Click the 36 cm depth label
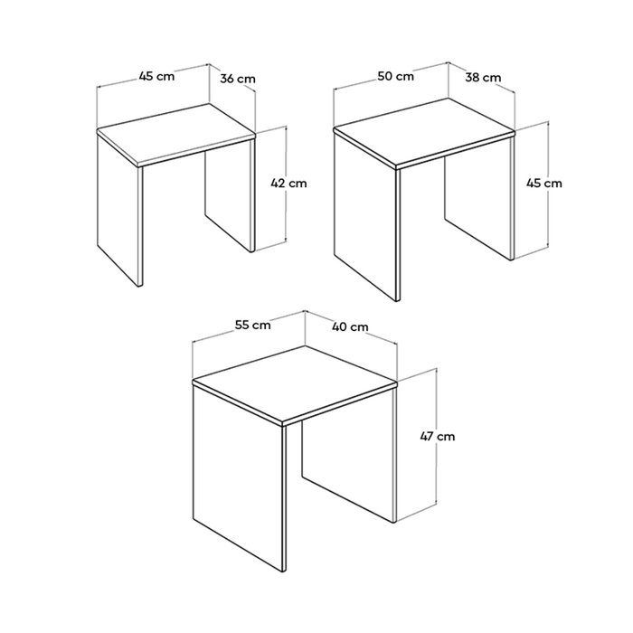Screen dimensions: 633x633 (238, 79)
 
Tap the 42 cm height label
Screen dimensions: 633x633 (288, 184)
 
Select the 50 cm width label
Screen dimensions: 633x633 (396, 76)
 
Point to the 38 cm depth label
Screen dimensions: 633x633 (483, 77)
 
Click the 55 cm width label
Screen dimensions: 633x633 (252, 325)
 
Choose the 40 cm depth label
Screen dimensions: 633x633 (350, 326)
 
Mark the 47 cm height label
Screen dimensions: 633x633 (437, 437)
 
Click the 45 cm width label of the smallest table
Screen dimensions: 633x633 (156, 76)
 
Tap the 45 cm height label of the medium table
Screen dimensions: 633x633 (543, 184)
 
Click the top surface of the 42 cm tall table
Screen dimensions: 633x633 (176, 134)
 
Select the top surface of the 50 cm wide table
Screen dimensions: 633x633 (424, 132)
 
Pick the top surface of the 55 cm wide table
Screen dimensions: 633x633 (295, 383)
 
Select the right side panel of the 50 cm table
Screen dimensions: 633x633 (478, 198)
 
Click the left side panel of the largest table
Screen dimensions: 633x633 (238, 477)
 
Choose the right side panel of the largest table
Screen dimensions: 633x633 (349, 454)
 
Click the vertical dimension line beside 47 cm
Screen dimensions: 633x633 (437, 437)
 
